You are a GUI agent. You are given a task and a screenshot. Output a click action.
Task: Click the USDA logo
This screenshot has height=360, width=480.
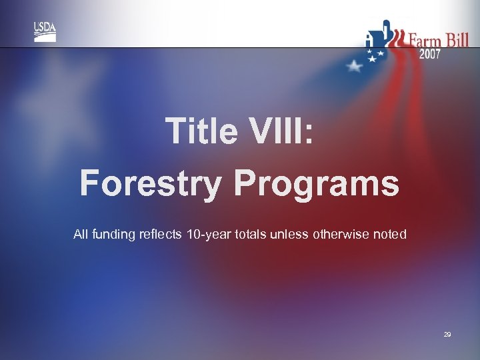pyautogui.click(x=45, y=31)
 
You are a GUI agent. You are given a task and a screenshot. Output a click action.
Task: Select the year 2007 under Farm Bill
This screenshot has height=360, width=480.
pyautogui.click(x=429, y=55)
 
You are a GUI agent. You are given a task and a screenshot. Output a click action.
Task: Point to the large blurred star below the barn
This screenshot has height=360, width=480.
pyautogui.click(x=354, y=66)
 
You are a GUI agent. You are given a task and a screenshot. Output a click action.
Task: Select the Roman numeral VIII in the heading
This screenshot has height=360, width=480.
pyautogui.click(x=279, y=131)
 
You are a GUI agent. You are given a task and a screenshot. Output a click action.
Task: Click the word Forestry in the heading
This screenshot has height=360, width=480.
pyautogui.click(x=149, y=183)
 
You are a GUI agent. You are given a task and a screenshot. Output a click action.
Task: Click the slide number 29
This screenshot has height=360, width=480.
pyautogui.click(x=447, y=335)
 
